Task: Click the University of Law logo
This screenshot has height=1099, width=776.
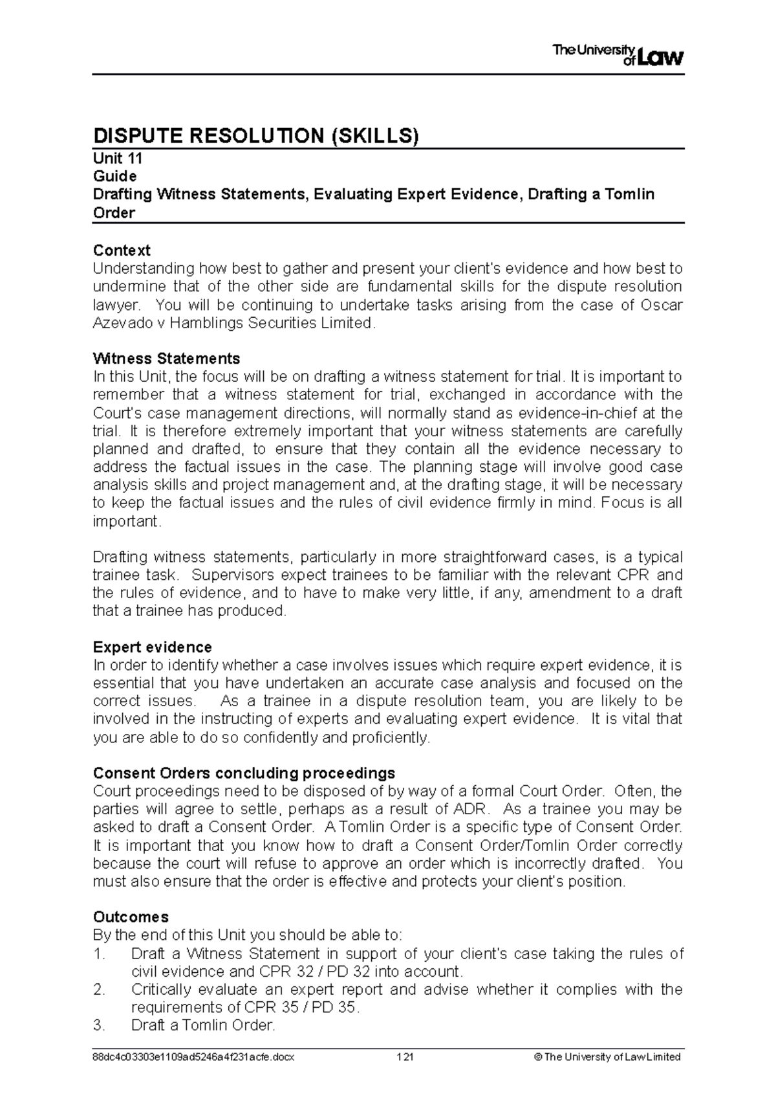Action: pos(618,55)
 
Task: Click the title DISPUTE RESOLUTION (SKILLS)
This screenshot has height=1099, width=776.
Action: pos(256,136)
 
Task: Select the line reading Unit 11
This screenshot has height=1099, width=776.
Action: pos(118,159)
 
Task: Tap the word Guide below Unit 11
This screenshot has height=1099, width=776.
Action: pos(114,176)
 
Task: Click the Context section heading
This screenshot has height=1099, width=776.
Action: pos(122,250)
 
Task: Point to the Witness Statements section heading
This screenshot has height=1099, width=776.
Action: pos(166,359)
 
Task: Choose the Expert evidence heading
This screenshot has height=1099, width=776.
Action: pos(152,647)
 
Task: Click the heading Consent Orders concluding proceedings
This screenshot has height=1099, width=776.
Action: pos(244,773)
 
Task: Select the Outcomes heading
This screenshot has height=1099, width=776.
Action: pos(131,917)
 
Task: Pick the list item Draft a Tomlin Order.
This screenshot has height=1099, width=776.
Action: pos(203,1025)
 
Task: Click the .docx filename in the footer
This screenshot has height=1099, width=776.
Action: pos(193,1058)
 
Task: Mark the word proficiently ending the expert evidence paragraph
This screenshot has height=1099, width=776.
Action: pos(389,738)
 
